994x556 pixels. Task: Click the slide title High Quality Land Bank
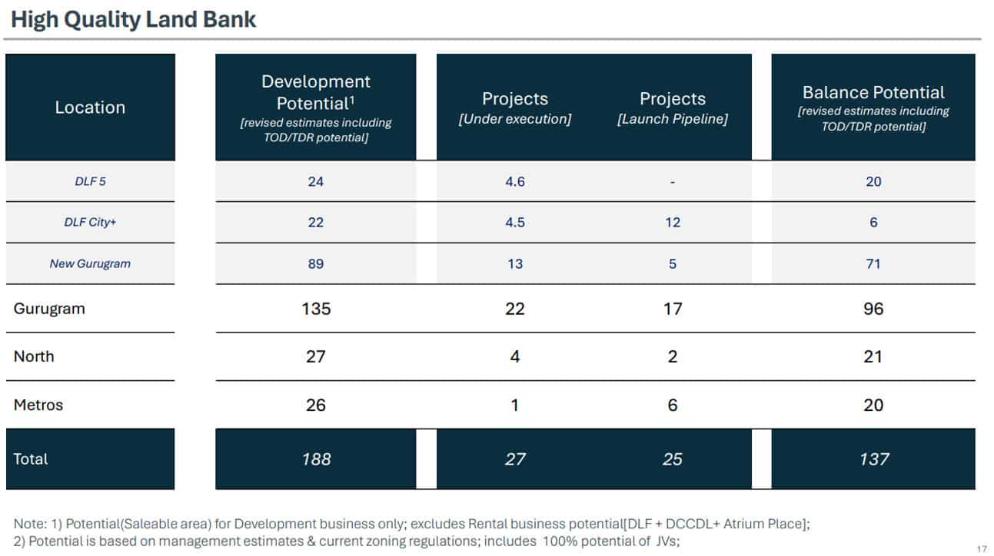coord(133,19)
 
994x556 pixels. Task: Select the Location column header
coord(90,108)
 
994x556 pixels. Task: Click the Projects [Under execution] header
coord(515,108)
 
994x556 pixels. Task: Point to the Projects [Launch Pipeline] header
coord(673,108)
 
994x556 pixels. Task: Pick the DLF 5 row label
coord(90,181)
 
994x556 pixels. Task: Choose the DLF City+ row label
coord(90,222)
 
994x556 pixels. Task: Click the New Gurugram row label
coord(90,263)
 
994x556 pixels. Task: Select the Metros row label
coord(38,405)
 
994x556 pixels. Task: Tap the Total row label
coord(31,459)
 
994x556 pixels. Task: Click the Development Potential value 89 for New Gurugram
coord(315,264)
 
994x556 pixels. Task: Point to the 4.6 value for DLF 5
coord(515,181)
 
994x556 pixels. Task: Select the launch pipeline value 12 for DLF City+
coord(673,222)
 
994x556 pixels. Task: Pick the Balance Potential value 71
coord(873,264)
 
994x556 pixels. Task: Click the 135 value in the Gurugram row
coord(316,309)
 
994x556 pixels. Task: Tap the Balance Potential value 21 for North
coord(873,356)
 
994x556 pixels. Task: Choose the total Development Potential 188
coord(316,459)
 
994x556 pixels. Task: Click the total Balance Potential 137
coord(874,459)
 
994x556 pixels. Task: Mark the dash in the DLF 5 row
coord(673,182)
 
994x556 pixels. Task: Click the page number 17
coord(982,549)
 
